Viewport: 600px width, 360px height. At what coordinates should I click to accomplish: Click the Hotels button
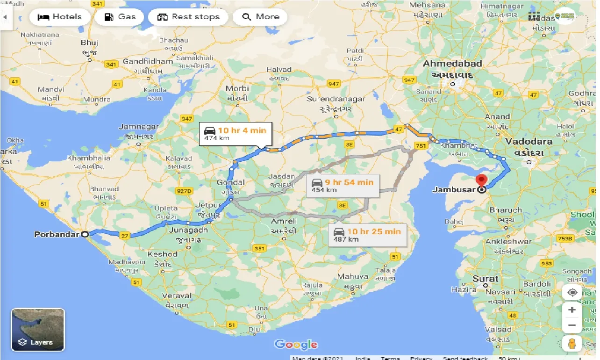[x=59, y=17]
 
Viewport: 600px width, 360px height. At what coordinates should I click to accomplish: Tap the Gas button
[x=119, y=17]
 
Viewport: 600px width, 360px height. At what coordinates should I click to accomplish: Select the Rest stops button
[x=188, y=17]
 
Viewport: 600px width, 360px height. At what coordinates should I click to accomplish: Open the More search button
[x=260, y=17]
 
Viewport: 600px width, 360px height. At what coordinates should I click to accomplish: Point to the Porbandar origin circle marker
[x=85, y=234]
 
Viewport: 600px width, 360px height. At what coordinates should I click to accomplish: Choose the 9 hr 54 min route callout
[x=343, y=185]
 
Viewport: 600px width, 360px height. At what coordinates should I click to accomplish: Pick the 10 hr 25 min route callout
[x=367, y=235]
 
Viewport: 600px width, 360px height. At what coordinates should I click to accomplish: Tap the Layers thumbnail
[x=38, y=330]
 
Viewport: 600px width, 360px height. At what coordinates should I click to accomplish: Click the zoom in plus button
[x=572, y=310]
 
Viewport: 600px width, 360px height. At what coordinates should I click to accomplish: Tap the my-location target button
[x=572, y=293]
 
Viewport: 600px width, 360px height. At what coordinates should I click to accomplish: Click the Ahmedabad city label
[x=452, y=64]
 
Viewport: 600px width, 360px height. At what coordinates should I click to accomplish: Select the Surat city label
[x=485, y=279]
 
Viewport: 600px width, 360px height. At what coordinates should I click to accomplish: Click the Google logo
[x=296, y=345]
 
